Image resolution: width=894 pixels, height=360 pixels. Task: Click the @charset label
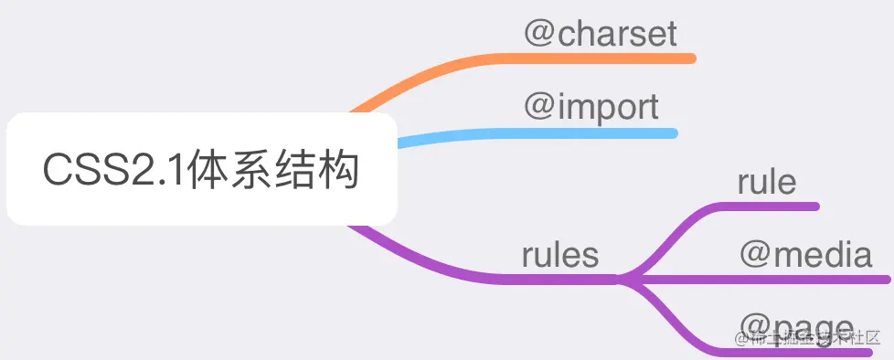click(601, 34)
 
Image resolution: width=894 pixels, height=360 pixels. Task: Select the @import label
click(591, 107)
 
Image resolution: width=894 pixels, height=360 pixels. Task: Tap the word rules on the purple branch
click(560, 255)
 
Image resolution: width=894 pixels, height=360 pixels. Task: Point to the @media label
click(805, 255)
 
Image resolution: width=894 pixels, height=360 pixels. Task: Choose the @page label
click(795, 326)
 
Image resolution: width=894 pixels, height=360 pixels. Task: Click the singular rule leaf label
click(767, 182)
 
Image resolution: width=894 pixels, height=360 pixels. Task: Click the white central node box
click(201, 169)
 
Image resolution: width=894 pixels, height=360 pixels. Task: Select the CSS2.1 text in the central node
click(113, 171)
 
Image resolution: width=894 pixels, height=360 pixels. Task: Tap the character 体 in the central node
click(208, 171)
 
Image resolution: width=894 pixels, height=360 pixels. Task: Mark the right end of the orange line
click(691, 58)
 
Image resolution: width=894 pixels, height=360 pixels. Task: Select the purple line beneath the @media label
click(804, 278)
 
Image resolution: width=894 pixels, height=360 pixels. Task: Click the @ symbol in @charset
click(538, 35)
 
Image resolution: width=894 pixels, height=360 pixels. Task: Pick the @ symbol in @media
click(755, 256)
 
